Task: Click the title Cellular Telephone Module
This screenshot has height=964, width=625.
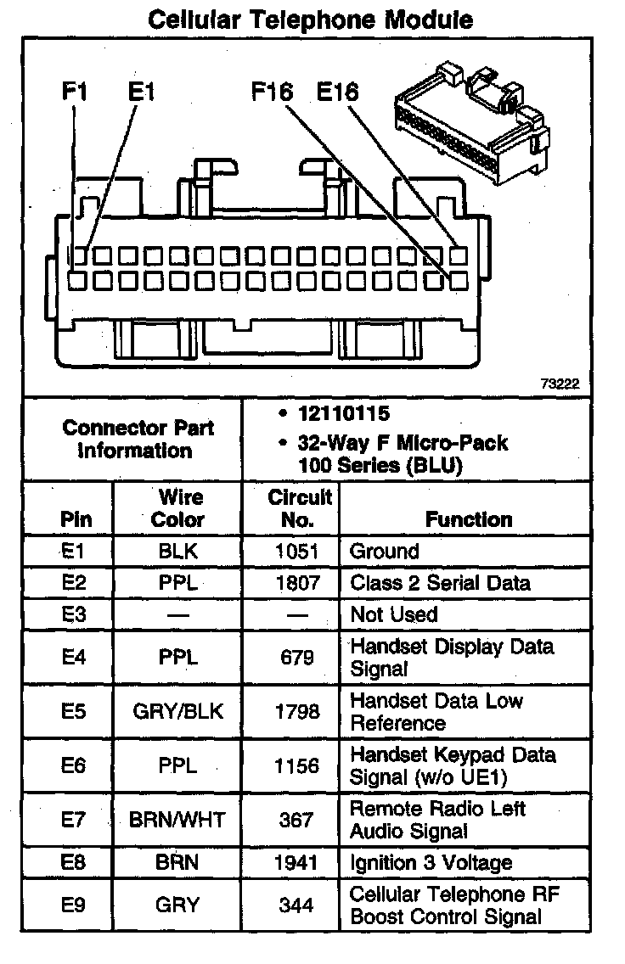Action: [311, 20]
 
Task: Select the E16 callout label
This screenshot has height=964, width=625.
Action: [337, 91]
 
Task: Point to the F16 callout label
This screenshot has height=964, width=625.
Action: [272, 91]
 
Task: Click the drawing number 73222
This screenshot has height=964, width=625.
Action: [560, 384]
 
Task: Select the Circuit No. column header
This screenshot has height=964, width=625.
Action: [299, 507]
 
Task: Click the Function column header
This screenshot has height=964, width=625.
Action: [469, 518]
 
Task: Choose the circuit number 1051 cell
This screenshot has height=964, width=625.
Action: [296, 552]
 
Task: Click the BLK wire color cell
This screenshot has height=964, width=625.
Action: [177, 552]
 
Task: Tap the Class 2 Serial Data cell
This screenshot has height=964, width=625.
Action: [440, 583]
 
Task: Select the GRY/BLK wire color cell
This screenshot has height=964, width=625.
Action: [177, 711]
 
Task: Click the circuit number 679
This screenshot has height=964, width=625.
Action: [296, 658]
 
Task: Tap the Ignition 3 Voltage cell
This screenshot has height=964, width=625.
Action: [431, 863]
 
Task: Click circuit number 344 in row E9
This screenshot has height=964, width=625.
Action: [296, 905]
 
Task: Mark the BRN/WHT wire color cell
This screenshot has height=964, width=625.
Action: [177, 820]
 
